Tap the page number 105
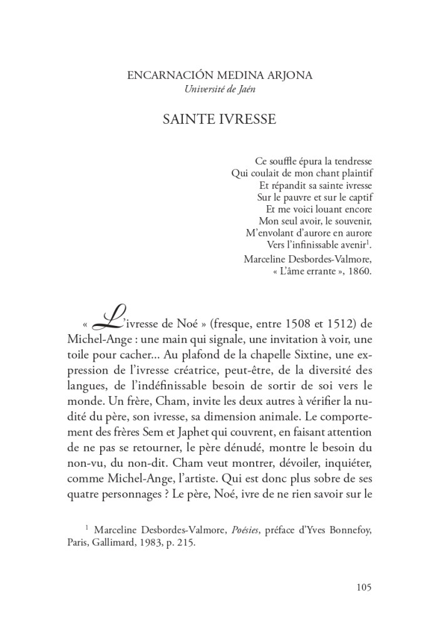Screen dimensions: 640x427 coord(364,587)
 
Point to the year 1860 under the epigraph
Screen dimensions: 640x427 coord(359,271)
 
